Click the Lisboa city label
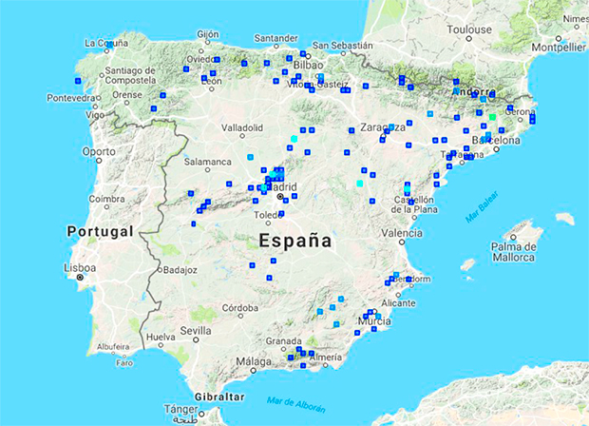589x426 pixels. pos(79,268)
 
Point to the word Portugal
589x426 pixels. pos(99,231)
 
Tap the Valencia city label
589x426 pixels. pos(402,233)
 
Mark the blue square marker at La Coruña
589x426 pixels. pos(107,45)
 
